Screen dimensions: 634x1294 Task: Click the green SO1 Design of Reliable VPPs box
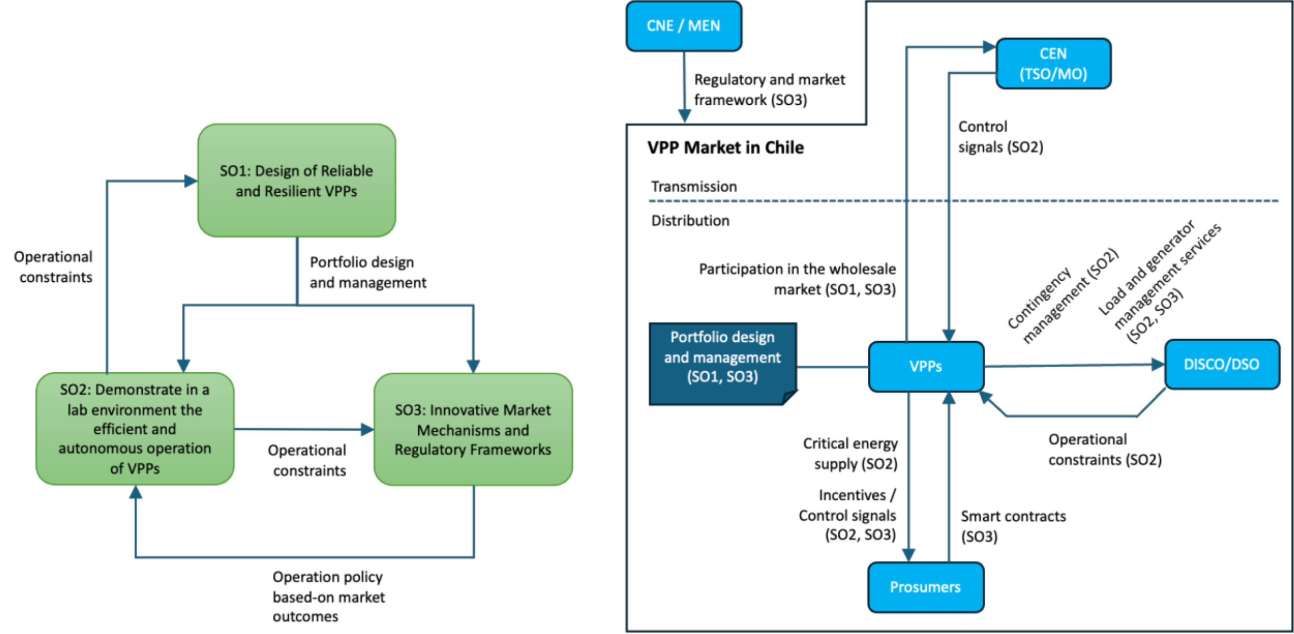point(297,181)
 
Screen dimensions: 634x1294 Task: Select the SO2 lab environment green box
point(135,429)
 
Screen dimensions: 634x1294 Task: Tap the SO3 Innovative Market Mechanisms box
point(473,429)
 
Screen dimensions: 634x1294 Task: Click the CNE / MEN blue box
point(683,26)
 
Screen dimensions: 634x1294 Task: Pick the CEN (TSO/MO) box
point(1053,64)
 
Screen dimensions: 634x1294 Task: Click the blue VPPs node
point(926,366)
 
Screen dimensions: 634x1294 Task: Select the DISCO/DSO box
point(1221,364)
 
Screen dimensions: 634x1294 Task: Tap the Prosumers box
point(925,587)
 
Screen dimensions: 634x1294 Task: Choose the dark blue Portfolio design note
point(722,358)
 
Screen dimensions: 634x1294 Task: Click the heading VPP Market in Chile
point(726,147)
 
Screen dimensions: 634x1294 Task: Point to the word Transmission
point(694,186)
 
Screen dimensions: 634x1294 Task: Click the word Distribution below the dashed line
point(690,221)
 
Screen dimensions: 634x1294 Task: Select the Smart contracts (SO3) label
point(1013,526)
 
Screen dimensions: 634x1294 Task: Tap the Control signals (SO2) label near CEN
point(1000,137)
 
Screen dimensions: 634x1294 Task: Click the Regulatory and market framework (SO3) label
point(769,90)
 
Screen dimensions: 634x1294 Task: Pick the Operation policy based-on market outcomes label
point(328,597)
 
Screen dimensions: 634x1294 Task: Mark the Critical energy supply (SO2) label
point(850,453)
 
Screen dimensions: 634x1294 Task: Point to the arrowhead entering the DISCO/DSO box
point(1158,364)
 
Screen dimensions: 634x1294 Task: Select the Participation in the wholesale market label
point(797,279)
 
